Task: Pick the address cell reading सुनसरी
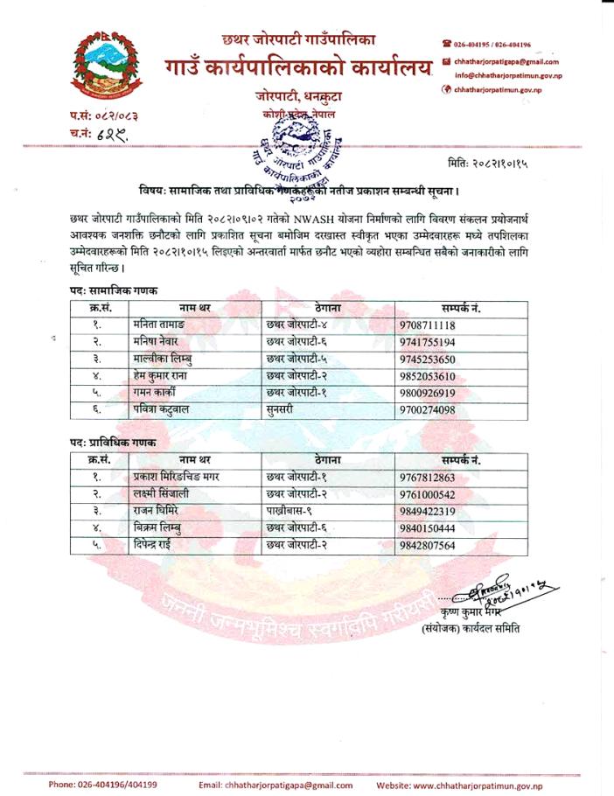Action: coord(282,408)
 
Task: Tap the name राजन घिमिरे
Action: coord(162,511)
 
